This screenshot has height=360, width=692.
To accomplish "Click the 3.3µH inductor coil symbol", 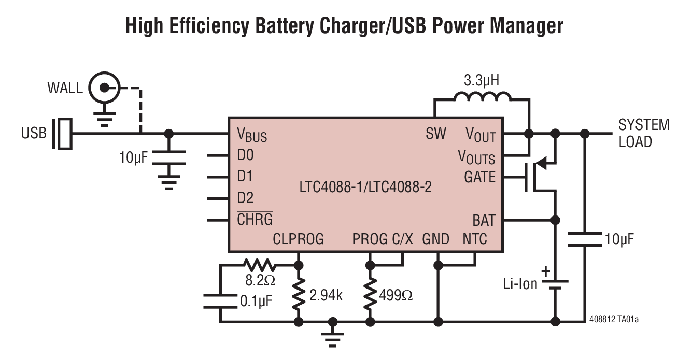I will coord(482,97).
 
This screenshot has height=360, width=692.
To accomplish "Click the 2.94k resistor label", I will coord(326,296).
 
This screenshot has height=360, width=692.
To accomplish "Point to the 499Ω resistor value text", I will coord(397,296).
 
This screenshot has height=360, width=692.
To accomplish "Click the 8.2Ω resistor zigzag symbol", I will coord(260,266).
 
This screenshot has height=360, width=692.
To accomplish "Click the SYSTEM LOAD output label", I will coord(643,133).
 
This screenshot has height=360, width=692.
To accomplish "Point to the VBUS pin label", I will coord(252,135).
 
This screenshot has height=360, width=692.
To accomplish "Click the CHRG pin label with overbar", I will coord(255,219).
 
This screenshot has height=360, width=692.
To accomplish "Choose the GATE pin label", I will coord(479,177).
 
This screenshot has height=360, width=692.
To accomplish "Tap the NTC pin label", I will coord(475,239).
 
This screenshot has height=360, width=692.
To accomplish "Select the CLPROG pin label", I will coord(298,239).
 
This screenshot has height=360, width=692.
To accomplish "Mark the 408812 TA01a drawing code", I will coord(614,320).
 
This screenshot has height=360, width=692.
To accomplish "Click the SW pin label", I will coord(435,134).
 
